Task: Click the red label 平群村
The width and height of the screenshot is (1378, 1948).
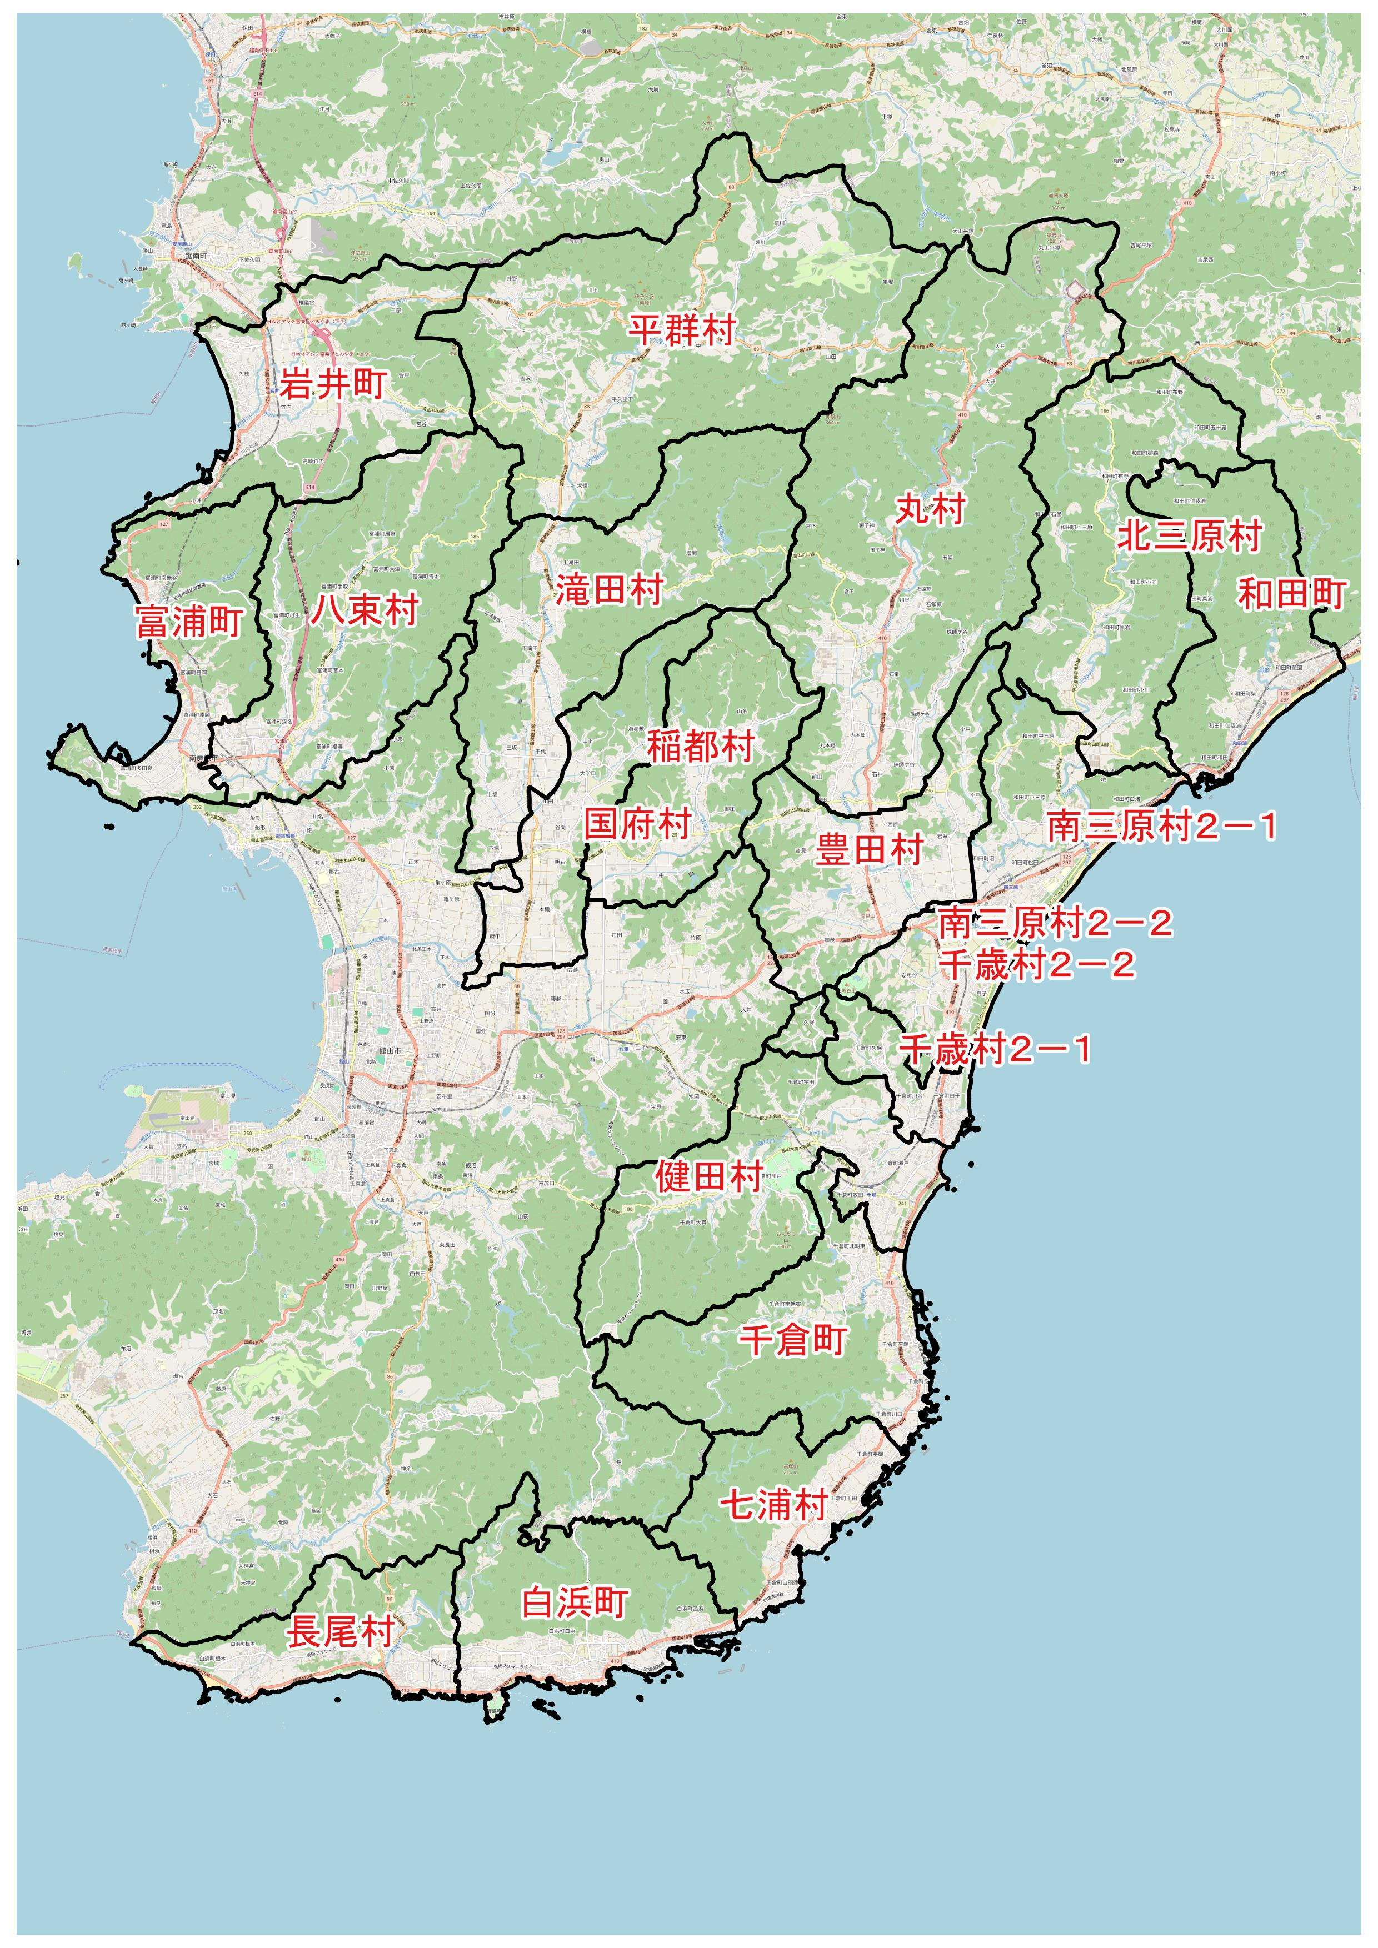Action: pos(681,329)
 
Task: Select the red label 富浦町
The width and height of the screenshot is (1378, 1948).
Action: pos(189,622)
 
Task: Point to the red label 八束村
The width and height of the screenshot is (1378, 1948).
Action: pos(365,609)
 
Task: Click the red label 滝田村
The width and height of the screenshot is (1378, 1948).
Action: pos(609,589)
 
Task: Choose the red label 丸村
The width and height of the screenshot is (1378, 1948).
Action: pos(931,509)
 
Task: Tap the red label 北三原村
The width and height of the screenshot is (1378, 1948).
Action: pos(1190,535)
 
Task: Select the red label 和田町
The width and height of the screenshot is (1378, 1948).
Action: pos(1291,594)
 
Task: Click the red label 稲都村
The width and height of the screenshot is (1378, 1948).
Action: pos(701,747)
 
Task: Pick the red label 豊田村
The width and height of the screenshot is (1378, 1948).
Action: pos(869,848)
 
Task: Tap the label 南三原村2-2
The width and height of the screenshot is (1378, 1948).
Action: pos(1055,923)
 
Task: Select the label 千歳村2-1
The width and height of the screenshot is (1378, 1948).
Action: pos(995,1049)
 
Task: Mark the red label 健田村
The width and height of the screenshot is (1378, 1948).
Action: pos(710,1177)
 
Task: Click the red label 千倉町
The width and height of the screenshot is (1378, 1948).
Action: pos(792,1340)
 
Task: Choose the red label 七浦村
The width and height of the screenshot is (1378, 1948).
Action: pos(774,1504)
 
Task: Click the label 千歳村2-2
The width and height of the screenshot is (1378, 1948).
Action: pos(1037,965)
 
